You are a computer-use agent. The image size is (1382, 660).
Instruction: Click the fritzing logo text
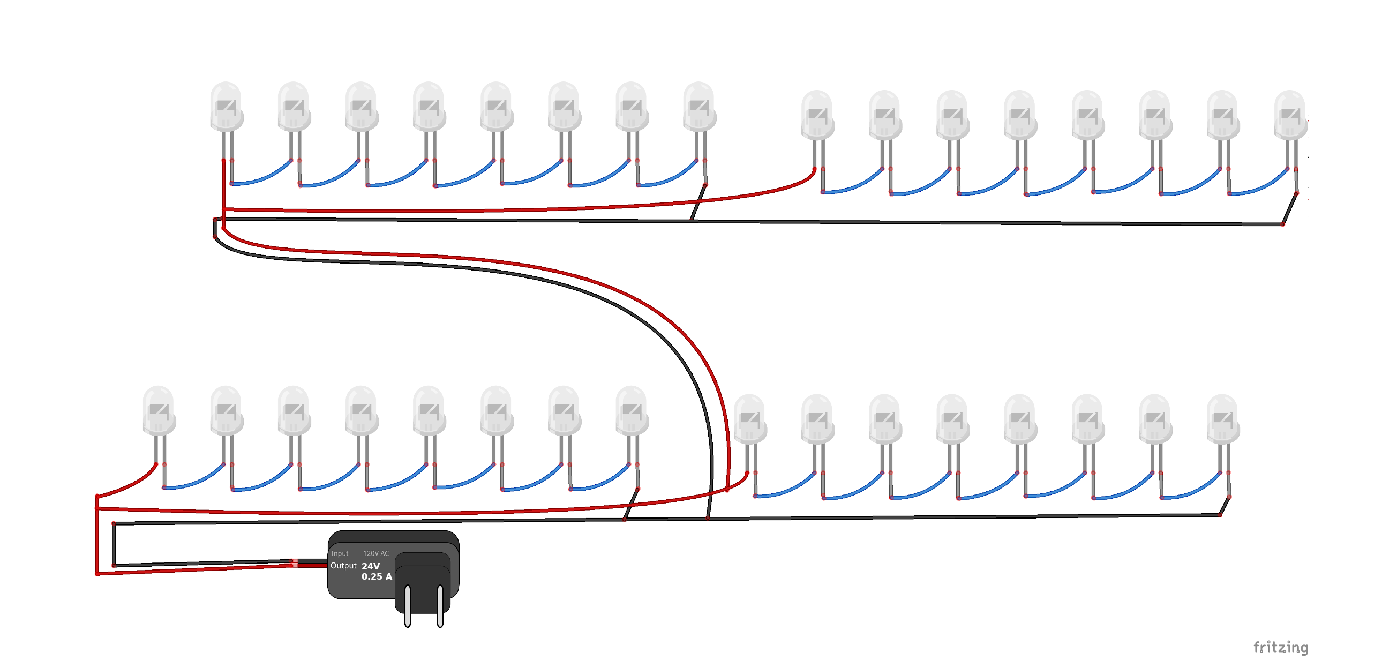click(x=1280, y=648)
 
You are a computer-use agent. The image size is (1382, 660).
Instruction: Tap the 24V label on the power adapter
click(x=371, y=566)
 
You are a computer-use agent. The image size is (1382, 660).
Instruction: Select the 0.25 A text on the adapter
click(x=377, y=577)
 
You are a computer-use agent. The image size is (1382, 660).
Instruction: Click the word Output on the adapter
click(x=343, y=566)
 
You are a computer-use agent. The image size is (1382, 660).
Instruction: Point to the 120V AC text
click(x=376, y=553)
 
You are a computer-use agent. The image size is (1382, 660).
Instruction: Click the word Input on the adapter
click(x=340, y=553)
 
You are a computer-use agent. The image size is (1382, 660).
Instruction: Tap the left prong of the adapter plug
click(x=408, y=606)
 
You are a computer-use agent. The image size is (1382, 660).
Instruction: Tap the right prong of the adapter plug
click(x=440, y=606)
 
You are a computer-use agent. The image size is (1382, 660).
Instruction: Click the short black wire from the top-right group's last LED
click(x=1290, y=208)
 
